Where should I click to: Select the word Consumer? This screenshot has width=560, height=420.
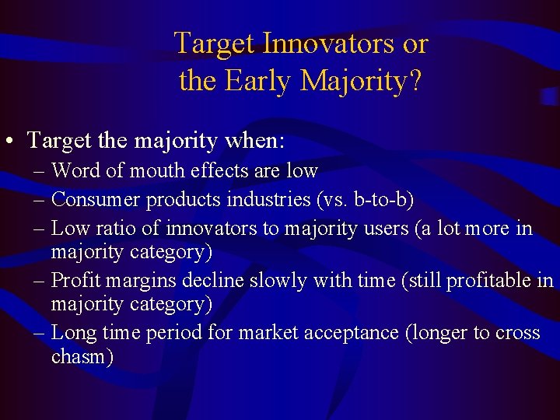point(95,199)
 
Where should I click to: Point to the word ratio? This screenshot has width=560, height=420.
point(114,229)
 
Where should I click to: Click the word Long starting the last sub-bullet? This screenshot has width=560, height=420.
point(72,333)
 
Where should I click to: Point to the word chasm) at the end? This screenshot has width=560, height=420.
point(82,357)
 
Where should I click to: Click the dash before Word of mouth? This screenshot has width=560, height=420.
point(39,170)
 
